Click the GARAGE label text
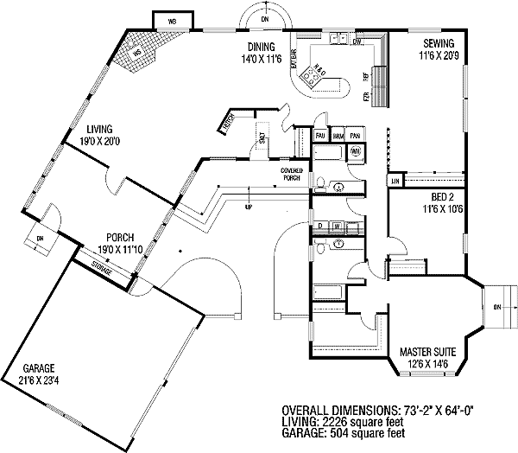(x=44, y=367)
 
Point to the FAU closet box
(x=319, y=136)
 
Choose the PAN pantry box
(x=355, y=136)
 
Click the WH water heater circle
(x=355, y=151)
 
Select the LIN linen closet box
(x=395, y=182)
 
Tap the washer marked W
(x=336, y=226)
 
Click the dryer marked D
(x=320, y=226)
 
